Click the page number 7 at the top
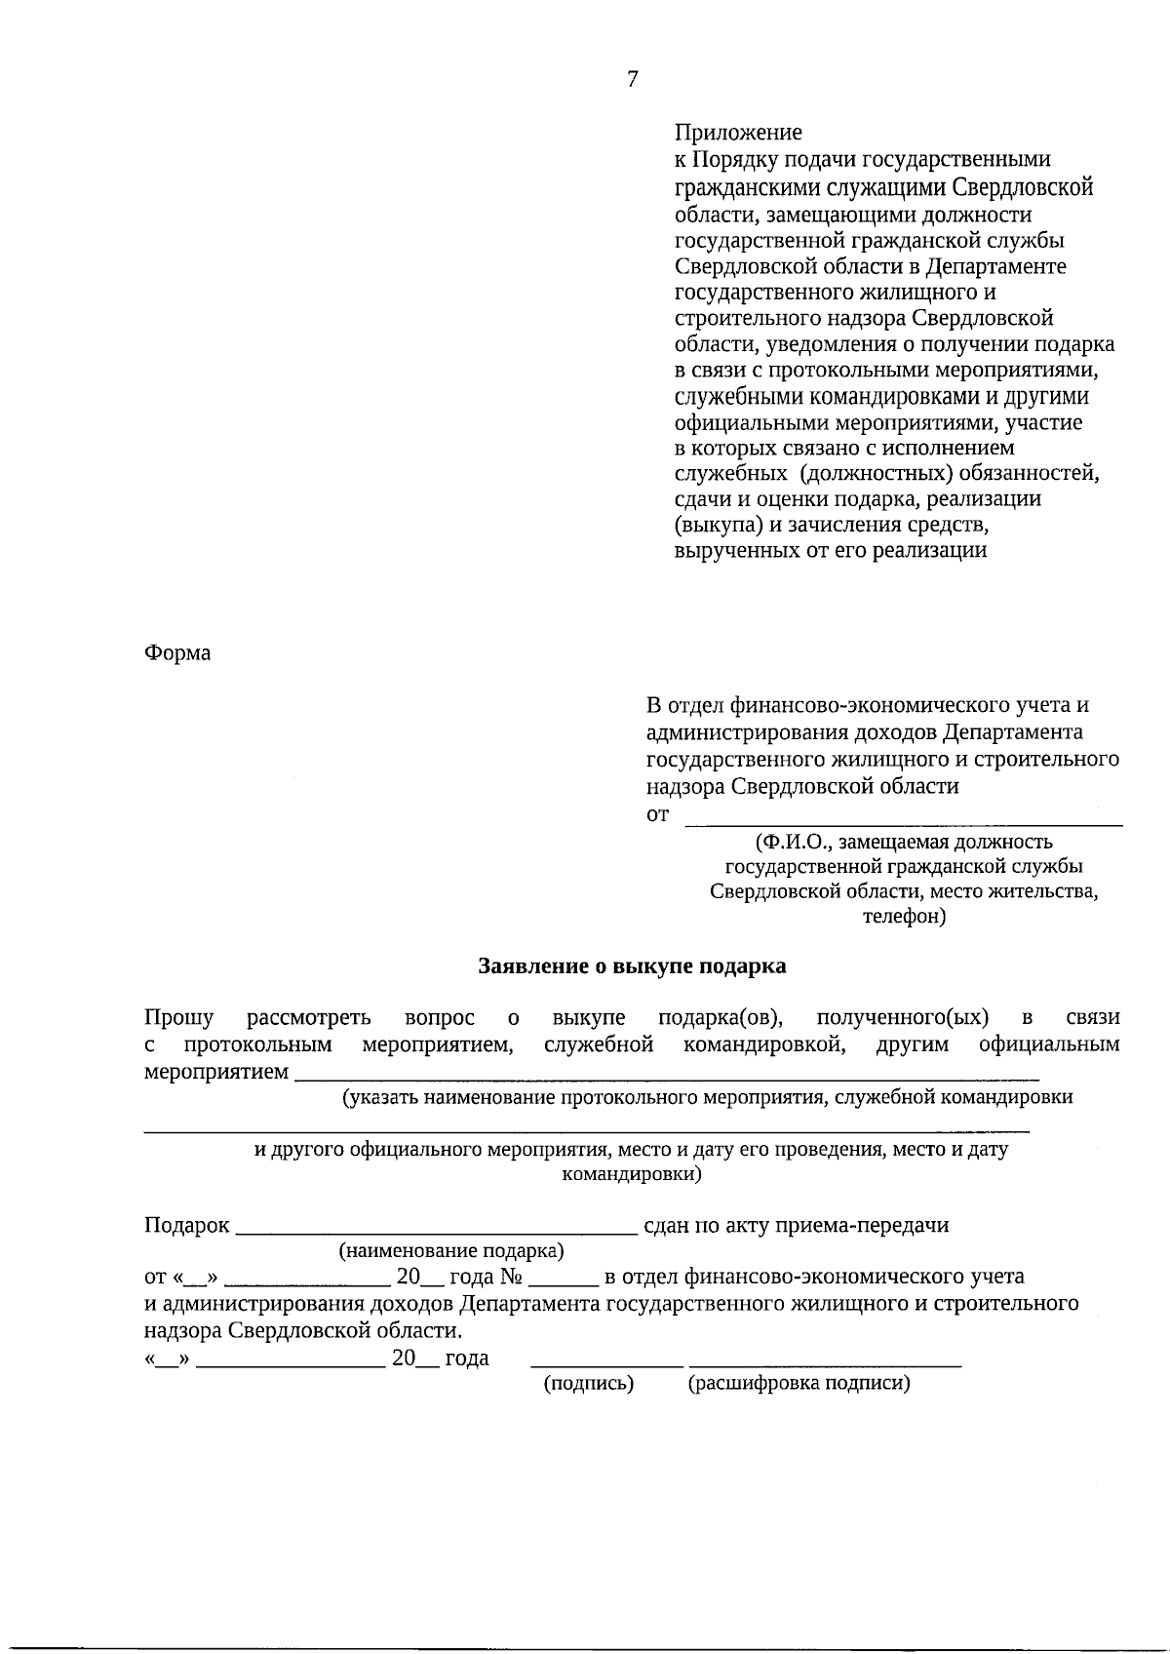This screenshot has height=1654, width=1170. (x=632, y=80)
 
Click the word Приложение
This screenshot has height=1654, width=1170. (x=738, y=133)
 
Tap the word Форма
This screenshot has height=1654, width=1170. (x=177, y=653)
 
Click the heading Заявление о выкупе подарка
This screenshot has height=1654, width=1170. (x=632, y=966)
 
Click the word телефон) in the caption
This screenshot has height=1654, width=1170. (x=904, y=917)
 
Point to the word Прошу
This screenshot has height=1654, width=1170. (x=179, y=1018)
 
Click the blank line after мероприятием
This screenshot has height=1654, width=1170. (x=667, y=1077)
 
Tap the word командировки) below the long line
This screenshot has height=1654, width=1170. (x=632, y=1174)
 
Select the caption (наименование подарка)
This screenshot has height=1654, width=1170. (x=451, y=1251)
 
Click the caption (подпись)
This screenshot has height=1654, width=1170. (x=588, y=1383)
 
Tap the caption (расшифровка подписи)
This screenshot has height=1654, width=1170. (x=799, y=1383)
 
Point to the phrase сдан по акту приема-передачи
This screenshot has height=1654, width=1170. (x=797, y=1226)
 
